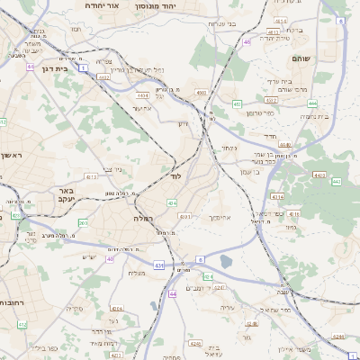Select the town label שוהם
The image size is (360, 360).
[x=301, y=58]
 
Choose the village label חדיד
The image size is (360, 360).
[x=271, y=135]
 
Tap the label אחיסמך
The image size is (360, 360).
[x=220, y=217]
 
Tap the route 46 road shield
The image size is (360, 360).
[x=247, y=41]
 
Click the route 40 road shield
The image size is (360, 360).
[x=111, y=259]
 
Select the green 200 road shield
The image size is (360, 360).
[x=83, y=222]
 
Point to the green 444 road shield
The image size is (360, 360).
[x=336, y=181]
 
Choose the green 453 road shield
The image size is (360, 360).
[x=237, y=104]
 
